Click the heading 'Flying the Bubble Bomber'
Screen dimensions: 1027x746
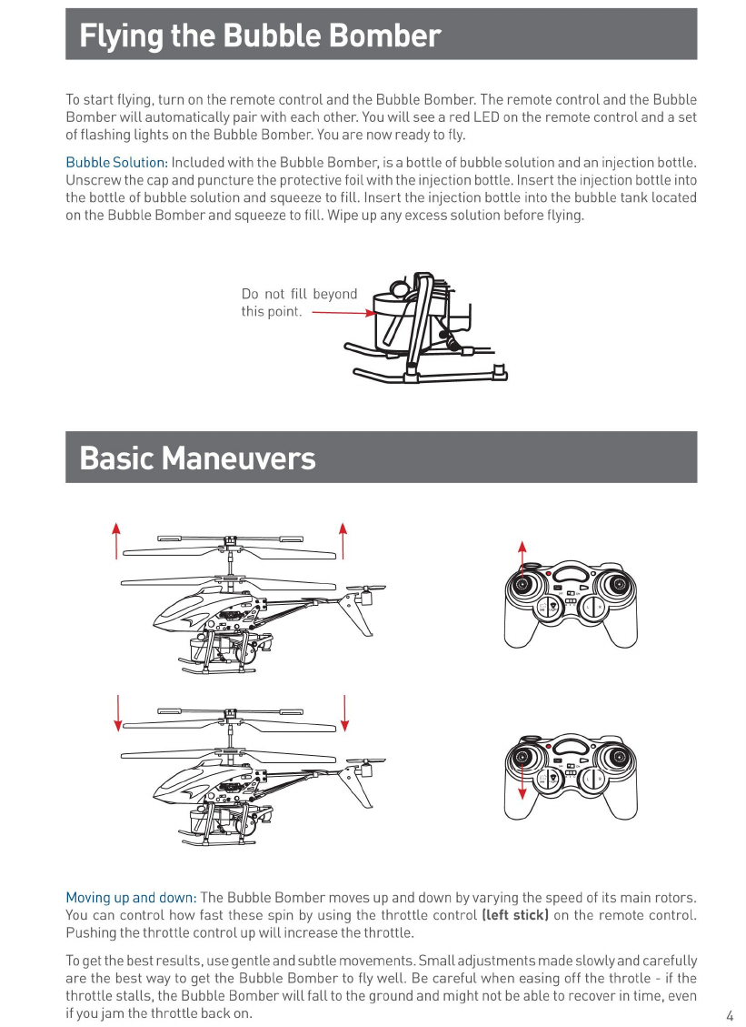(260, 36)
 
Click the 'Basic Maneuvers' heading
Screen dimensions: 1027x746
(197, 458)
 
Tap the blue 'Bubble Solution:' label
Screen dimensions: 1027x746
(116, 163)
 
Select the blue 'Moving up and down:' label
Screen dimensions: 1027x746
(131, 899)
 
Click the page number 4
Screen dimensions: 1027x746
(730, 1015)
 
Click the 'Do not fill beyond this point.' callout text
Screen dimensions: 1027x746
(298, 303)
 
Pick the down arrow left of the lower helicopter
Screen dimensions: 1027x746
(117, 711)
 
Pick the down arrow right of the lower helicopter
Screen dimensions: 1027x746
(346, 711)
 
